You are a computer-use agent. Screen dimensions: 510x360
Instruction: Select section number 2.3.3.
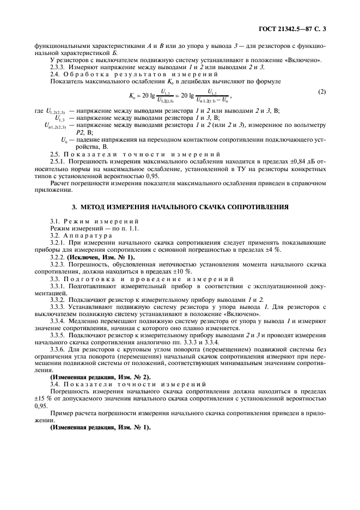(59, 66)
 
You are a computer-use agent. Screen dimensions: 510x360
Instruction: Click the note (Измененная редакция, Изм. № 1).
(100, 428)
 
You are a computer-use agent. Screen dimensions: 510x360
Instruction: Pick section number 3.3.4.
(59, 321)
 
